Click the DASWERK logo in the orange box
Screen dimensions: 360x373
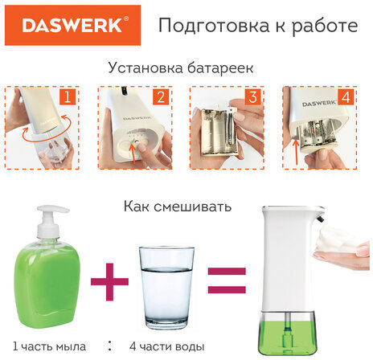click(x=72, y=26)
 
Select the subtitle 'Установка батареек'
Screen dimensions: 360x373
click(x=186, y=68)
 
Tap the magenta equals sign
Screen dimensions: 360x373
click(x=227, y=284)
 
